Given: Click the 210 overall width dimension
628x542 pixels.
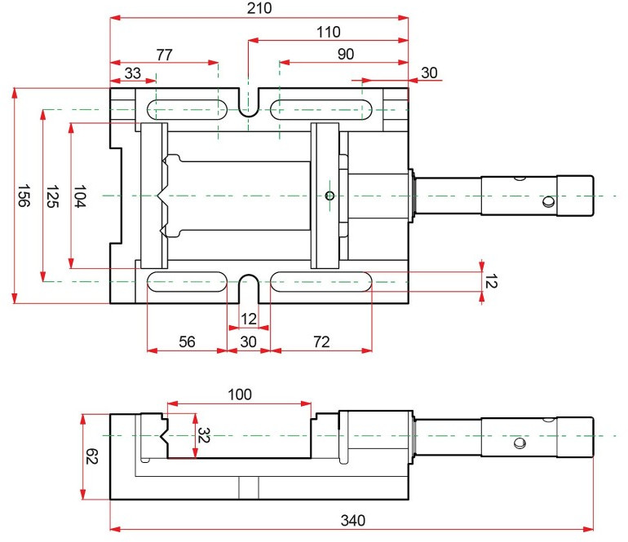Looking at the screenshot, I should point(259,8).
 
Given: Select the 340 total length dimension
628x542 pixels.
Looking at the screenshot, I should point(352,520).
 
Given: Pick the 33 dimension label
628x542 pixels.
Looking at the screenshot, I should point(132,73).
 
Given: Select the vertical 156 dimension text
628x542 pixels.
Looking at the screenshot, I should point(22,196).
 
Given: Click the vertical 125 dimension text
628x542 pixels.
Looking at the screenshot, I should point(51,196).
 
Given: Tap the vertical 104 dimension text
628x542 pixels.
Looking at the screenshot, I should point(79,196).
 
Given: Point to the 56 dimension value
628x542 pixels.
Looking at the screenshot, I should point(187,342).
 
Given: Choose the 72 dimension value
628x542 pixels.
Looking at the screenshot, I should point(321,342).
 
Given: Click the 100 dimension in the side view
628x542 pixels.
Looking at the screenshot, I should point(239,394).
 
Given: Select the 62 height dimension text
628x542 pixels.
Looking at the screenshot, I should point(91,457).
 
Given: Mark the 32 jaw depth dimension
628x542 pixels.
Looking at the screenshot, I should point(205,438).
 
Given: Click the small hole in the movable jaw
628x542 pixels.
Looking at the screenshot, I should point(329,196).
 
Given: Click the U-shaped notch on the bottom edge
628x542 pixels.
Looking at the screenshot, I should point(248,287).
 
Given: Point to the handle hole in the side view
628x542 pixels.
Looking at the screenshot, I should point(519,444).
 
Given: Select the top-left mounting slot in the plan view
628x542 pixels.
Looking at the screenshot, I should point(188,109).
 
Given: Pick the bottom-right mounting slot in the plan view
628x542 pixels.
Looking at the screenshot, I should point(321,282).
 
